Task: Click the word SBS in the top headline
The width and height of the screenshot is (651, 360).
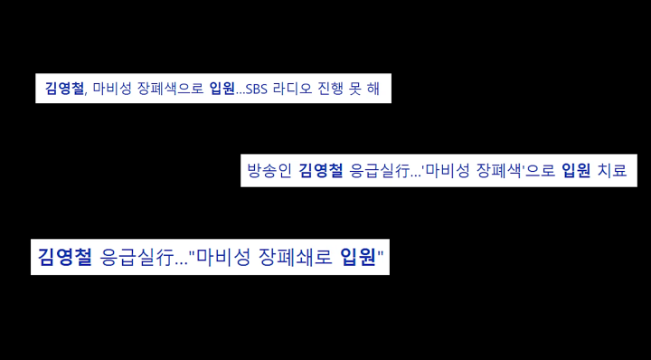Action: pyautogui.click(x=259, y=89)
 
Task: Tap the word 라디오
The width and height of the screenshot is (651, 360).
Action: pyautogui.click(x=295, y=89)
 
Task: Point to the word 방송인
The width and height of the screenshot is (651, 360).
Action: pyautogui.click(x=269, y=170)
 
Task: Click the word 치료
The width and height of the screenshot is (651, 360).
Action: pyautogui.click(x=611, y=170)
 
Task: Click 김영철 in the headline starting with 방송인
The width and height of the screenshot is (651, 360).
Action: pyautogui.click(x=321, y=170)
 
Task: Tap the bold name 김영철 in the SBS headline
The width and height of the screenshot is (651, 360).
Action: pyautogui.click(x=64, y=89)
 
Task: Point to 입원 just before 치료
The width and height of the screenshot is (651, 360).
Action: pyautogui.click(x=576, y=170)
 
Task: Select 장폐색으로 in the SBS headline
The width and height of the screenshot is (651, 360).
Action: pyautogui.click(x=171, y=89)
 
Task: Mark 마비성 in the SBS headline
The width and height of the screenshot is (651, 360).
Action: pyautogui.click(x=112, y=89)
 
